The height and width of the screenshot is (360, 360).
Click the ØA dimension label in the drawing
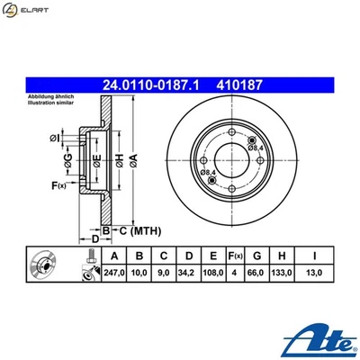click(133, 161)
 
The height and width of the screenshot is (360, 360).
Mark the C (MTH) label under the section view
click(133, 230)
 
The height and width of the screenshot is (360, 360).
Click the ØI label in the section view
click(55, 138)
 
